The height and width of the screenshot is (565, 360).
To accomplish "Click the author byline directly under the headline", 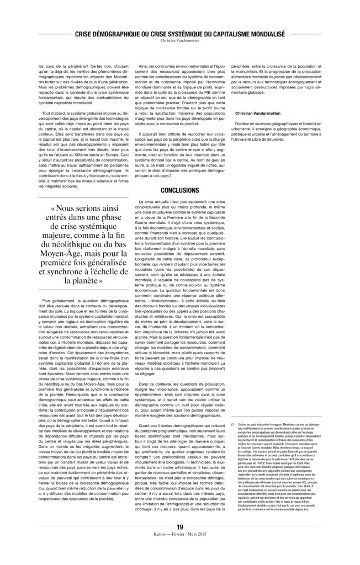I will [x=180, y=41].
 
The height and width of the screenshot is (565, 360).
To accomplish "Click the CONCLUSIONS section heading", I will [x=180, y=189].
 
